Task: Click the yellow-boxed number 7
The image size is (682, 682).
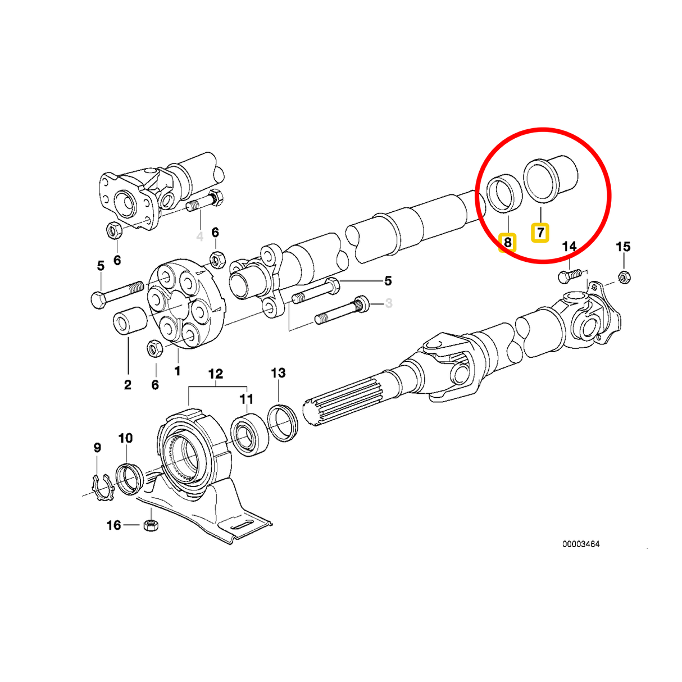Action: pos(540,233)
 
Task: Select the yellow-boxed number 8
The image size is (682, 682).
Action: pos(507,242)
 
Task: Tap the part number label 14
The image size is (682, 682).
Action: pos(569,247)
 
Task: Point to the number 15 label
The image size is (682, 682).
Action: pos(623,247)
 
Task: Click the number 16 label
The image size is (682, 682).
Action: pos(113,525)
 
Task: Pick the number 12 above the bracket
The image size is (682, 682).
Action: pos(216,374)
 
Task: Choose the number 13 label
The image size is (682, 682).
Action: pos(278,373)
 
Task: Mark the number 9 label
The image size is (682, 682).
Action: pos(97,448)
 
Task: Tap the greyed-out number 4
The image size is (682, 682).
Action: pos(199,237)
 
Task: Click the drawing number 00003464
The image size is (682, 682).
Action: pos(581,544)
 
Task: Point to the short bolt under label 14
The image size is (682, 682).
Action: pos(569,276)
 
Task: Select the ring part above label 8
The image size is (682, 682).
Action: pos(504,194)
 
